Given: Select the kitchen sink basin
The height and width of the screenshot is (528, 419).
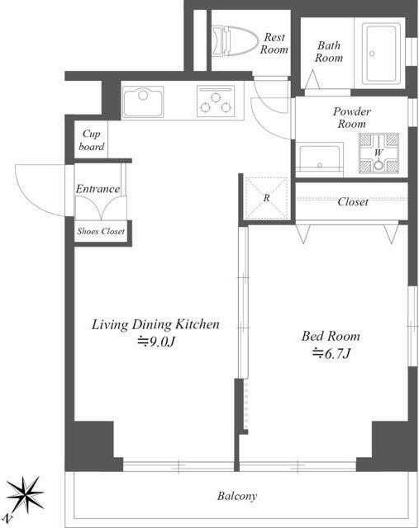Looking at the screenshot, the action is (x=143, y=101).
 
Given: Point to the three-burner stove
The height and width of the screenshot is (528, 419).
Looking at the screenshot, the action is (x=216, y=101).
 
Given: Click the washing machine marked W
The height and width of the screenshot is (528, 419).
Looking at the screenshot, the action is (x=379, y=153).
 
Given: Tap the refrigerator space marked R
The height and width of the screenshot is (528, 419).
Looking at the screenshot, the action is (x=266, y=198).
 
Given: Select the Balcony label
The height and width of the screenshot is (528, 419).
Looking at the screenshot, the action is (x=237, y=496).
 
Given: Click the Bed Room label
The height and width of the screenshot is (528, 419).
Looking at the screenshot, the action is (x=331, y=336).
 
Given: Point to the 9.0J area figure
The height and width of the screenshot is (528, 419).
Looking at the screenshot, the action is (x=156, y=342).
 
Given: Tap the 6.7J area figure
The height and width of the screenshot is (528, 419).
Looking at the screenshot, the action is (x=332, y=354).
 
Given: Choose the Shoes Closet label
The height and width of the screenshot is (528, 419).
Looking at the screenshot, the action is (x=101, y=231).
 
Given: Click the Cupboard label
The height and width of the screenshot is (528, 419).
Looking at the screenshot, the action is (x=92, y=140).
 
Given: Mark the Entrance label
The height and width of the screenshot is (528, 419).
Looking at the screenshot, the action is (x=98, y=189).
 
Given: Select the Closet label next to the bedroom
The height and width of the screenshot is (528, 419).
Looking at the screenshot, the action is (x=353, y=201).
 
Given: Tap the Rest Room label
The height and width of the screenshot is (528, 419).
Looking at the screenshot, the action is (x=274, y=44).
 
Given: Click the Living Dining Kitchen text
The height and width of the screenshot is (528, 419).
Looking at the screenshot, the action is (x=155, y=324).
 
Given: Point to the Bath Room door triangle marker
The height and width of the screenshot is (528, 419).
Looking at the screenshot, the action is (x=312, y=79).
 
